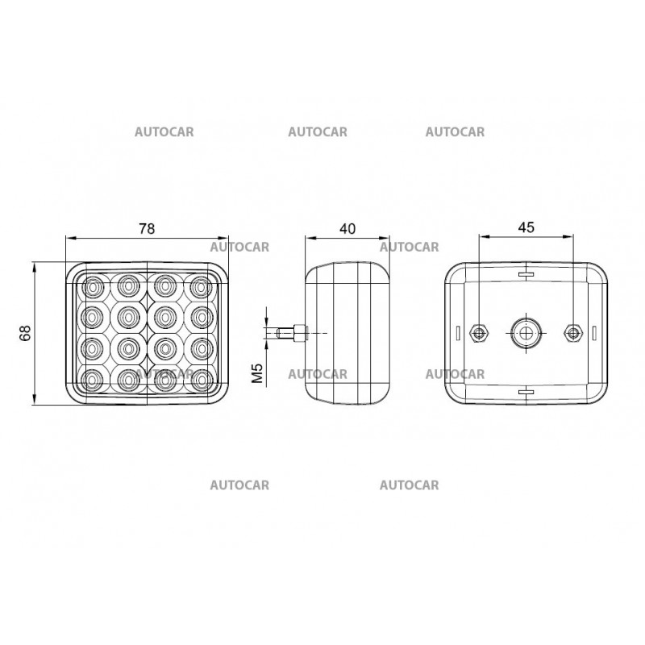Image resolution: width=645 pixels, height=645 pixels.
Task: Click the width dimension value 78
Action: pyautogui.click(x=146, y=228)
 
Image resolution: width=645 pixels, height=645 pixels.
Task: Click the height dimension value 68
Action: pyautogui.click(x=25, y=333)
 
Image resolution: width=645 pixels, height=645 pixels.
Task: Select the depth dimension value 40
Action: pyautogui.click(x=347, y=228)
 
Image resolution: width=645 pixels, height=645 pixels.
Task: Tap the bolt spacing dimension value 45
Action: pyautogui.click(x=526, y=227)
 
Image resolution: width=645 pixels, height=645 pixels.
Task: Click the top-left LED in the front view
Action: pyautogui.click(x=93, y=285)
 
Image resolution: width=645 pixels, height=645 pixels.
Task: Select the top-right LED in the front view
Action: pyautogui.click(x=198, y=285)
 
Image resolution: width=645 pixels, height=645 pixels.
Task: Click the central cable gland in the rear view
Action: pyautogui.click(x=525, y=331)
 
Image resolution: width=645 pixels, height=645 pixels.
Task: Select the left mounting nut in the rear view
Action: pyautogui.click(x=478, y=332)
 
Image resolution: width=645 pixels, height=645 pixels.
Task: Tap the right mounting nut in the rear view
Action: pyautogui.click(x=573, y=332)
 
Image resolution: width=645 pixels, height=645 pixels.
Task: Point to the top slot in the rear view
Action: pyautogui.click(x=526, y=275)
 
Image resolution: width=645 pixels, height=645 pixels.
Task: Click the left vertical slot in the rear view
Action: pyautogui.click(x=457, y=332)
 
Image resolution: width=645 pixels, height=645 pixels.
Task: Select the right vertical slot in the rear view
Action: pyautogui.click(x=593, y=332)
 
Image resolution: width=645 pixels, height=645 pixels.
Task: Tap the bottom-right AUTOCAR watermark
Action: pyautogui.click(x=409, y=485)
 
